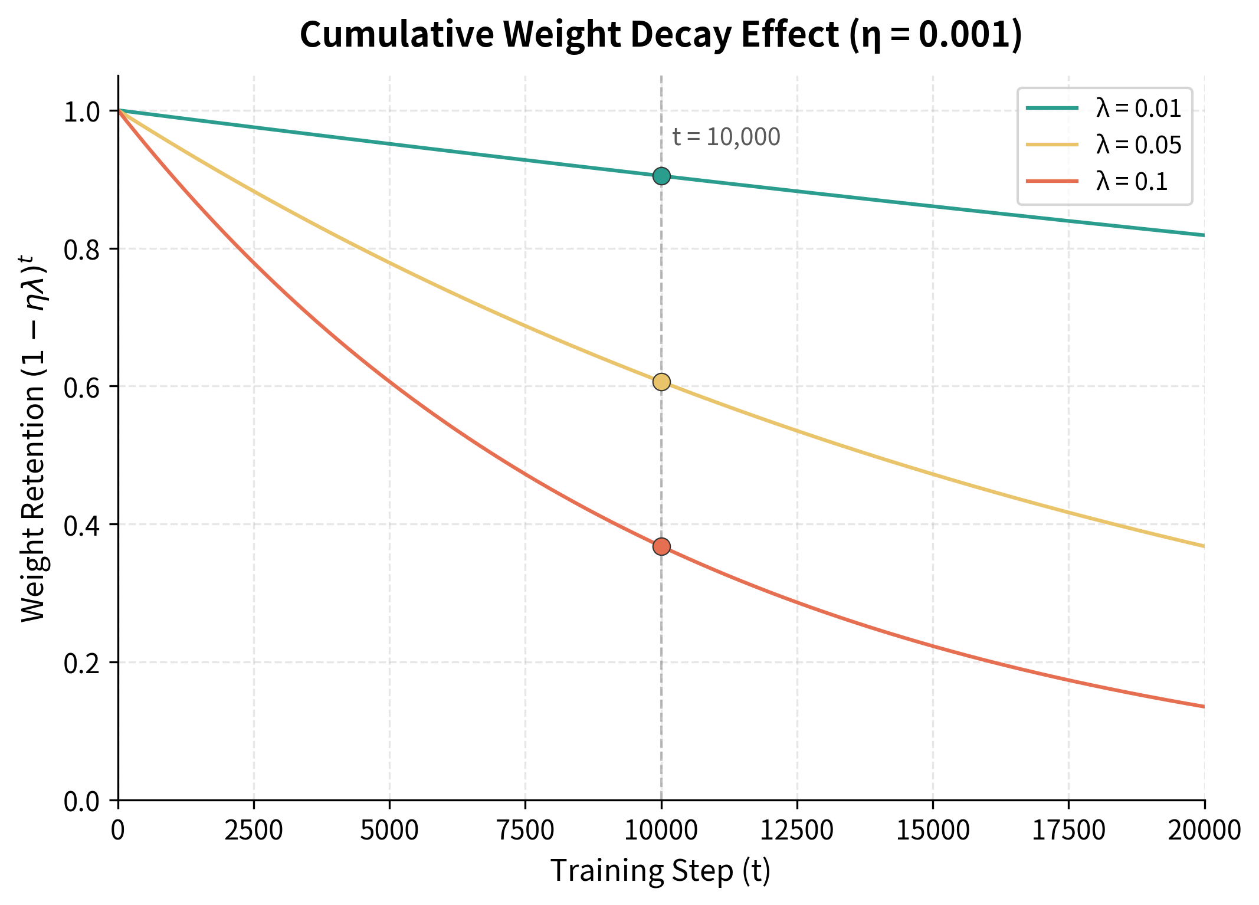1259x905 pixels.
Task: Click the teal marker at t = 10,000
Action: [x=661, y=176]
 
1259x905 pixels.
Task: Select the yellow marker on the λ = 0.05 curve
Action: [x=661, y=382]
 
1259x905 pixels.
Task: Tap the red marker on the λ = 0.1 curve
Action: [x=661, y=547]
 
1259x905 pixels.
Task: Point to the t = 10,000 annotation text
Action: [x=726, y=137]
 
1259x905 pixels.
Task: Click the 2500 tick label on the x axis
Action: [x=254, y=831]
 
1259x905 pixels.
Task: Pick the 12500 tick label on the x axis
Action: [x=796, y=831]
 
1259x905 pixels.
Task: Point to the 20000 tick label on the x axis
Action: [x=1204, y=831]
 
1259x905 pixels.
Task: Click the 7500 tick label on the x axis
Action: [x=525, y=831]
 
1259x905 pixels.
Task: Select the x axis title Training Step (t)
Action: [x=660, y=871]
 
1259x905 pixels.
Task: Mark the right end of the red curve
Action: [x=1203, y=706]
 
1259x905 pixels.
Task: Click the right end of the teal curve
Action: [x=1203, y=235]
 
